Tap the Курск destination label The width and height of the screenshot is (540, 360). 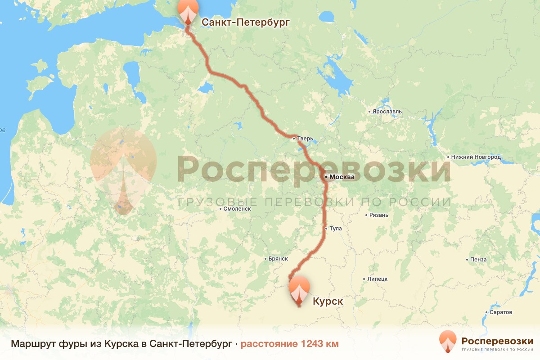(328, 301)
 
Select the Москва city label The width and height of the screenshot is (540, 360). (342, 177)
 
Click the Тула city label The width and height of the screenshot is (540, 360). (336, 229)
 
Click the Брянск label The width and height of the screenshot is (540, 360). (278, 259)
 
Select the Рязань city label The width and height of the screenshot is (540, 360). (378, 215)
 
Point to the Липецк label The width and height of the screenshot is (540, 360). (377, 279)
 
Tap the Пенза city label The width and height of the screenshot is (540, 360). (477, 260)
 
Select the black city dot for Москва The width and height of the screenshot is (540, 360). (326, 177)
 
